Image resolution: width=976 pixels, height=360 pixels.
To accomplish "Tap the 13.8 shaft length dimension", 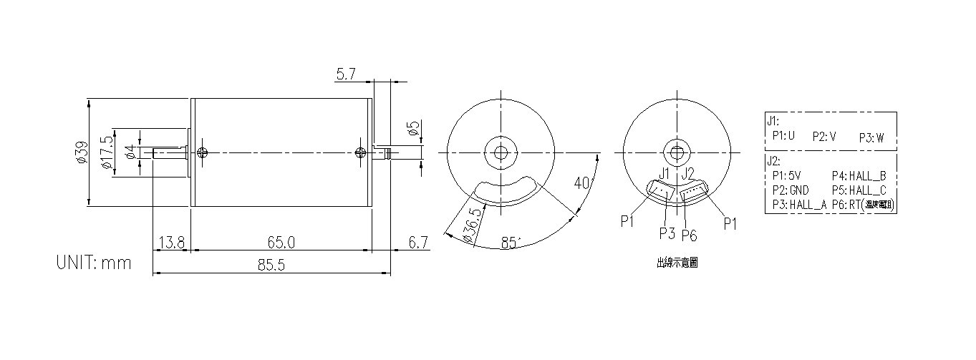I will coord(171,243).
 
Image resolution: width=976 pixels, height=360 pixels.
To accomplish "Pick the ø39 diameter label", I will coord(81,153).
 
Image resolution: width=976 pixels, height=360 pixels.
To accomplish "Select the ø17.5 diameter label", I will coord(107,152).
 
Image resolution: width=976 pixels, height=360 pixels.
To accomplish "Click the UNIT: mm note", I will coord(94,263).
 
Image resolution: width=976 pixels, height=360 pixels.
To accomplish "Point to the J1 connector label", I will coord(664,173).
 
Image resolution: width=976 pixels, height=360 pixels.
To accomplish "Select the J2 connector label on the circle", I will coord(688,173).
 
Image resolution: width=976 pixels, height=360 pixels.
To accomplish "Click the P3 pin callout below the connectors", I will coord(667,233).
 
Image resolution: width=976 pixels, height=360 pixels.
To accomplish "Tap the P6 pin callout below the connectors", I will coord(690,235).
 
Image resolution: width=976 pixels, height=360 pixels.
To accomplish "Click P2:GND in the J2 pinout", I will coord(791,190).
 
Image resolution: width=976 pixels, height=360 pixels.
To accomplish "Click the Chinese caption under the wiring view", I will coord(677,263).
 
